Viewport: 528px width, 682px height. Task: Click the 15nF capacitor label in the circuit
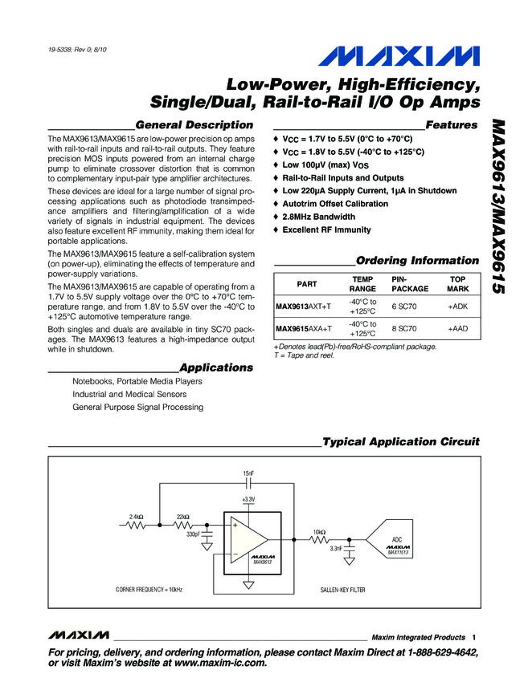(x=248, y=473)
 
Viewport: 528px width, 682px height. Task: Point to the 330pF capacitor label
(x=194, y=534)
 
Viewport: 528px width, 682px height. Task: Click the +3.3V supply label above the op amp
(x=248, y=499)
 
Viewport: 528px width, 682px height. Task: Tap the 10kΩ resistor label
(x=319, y=531)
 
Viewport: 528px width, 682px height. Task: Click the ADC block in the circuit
(x=395, y=542)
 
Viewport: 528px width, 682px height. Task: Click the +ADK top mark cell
(x=457, y=306)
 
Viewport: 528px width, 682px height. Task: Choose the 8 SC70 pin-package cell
(x=403, y=329)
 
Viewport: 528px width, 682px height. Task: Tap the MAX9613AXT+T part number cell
(x=303, y=306)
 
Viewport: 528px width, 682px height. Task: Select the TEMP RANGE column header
(x=362, y=282)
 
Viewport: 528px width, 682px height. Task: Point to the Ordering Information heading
(x=417, y=261)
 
